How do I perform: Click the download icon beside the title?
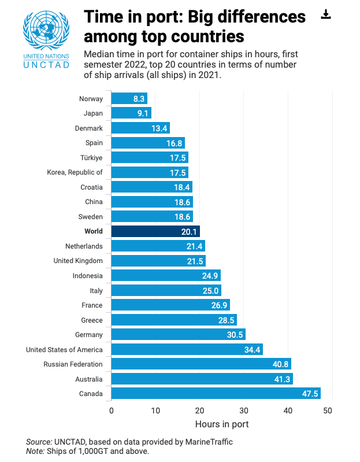pos(326,14)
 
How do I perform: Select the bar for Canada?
pos(216,394)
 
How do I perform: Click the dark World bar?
pos(155,231)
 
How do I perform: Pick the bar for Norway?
pos(129,98)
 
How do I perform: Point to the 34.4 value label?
pos(253,350)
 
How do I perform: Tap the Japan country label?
pos(93,113)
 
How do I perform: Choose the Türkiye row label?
pos(91,158)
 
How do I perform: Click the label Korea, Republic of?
pos(75,172)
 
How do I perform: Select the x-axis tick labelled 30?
pos(244,411)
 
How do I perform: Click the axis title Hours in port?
pos(221,424)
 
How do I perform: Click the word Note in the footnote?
pos(35,451)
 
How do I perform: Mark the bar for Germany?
pos(178,335)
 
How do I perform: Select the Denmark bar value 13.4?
pos(159,128)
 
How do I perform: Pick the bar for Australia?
pos(202,379)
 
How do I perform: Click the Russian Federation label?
pos(73,364)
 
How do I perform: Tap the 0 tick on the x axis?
pos(112,411)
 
